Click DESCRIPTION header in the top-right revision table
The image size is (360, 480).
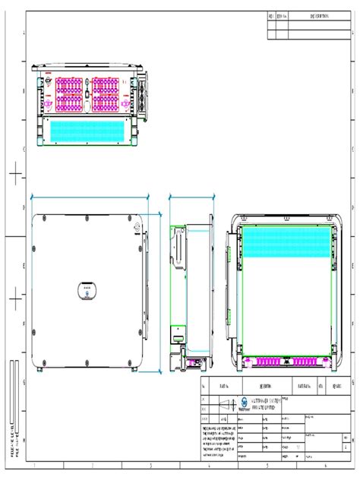pyautogui.click(x=319, y=16)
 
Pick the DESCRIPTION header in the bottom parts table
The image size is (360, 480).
pyautogui.click(x=270, y=385)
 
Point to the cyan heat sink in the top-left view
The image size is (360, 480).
pyautogui.click(x=88, y=131)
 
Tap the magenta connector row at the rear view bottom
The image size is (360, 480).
pyautogui.click(x=285, y=362)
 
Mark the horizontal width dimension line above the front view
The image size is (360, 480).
pyautogui.click(x=90, y=194)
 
